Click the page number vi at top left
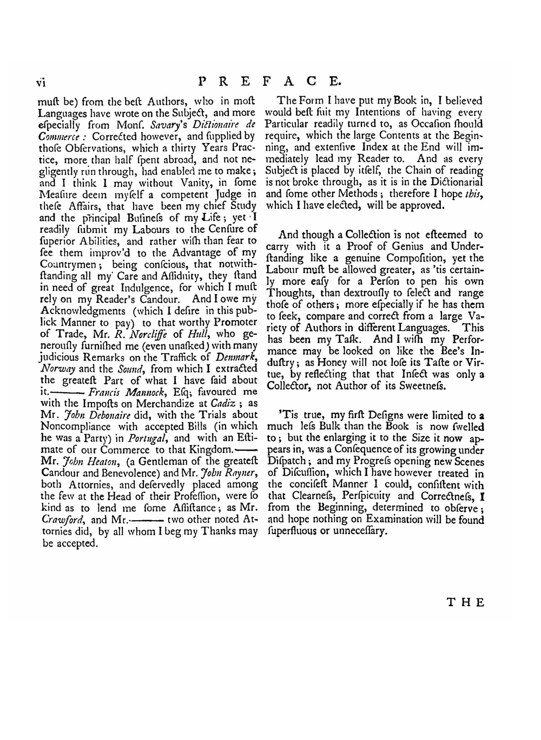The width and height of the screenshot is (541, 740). pos(41,82)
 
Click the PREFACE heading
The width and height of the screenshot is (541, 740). pos(270,81)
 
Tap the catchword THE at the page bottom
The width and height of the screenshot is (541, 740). pos(465,602)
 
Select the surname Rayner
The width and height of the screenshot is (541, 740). pos(236,473)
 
